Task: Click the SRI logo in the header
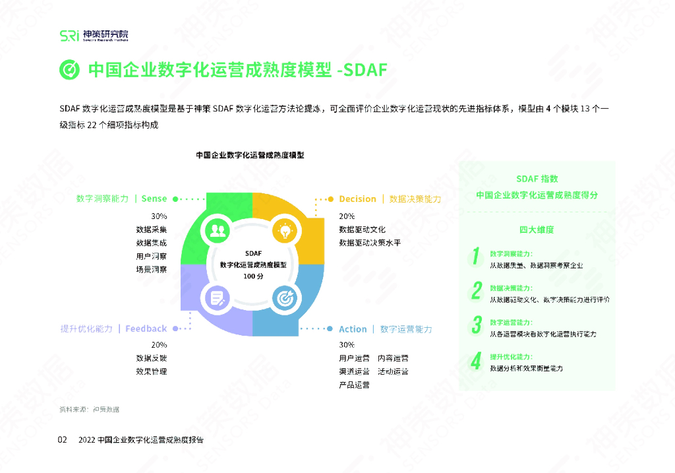(x=69, y=36)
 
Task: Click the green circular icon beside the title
(x=69, y=70)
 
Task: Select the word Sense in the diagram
(x=154, y=198)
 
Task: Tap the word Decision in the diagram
(x=357, y=199)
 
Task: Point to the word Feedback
(x=146, y=329)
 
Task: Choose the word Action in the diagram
(x=353, y=329)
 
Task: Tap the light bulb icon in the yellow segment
(x=285, y=231)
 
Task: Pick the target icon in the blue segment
(x=285, y=298)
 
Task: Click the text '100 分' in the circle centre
(x=253, y=276)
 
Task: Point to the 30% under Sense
(x=159, y=216)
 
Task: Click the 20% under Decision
(x=347, y=216)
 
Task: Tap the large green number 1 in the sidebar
(x=475, y=257)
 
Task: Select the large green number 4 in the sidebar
(x=475, y=360)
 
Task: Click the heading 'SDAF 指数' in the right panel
(x=537, y=179)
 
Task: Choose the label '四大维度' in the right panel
(x=537, y=230)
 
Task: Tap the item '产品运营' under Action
(x=354, y=385)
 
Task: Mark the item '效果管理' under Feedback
(x=151, y=371)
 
